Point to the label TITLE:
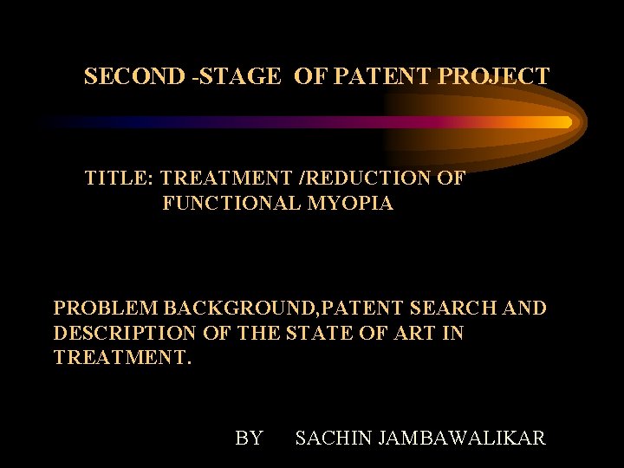click(x=119, y=179)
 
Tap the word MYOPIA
click(x=352, y=205)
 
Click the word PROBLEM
click(x=106, y=308)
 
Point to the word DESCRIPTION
click(x=125, y=333)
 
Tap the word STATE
click(x=330, y=333)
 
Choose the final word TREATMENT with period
click(x=122, y=358)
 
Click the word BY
click(x=249, y=439)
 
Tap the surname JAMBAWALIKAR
click(x=463, y=439)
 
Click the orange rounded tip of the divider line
click(x=565, y=122)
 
